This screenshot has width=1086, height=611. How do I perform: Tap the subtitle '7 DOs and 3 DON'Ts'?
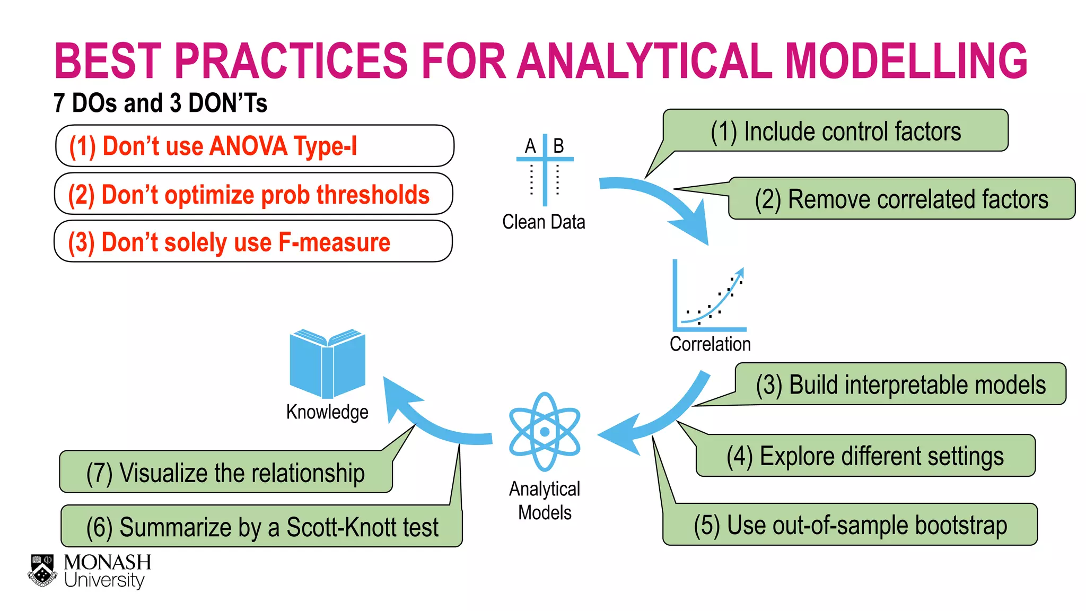point(160,103)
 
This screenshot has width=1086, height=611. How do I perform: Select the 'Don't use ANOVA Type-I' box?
point(255,146)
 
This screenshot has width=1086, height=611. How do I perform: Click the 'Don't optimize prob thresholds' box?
point(253,194)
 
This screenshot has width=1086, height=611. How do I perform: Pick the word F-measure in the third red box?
point(334,242)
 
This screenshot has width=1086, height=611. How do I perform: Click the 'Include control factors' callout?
point(835,131)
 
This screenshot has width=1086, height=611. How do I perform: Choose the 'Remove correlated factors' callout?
point(901,199)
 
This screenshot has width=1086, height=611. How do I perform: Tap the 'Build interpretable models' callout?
point(900,385)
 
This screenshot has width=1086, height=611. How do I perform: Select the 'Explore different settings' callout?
point(865,456)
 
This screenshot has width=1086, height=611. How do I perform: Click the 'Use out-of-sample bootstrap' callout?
point(850,525)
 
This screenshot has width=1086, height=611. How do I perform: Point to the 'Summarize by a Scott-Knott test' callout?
point(262,527)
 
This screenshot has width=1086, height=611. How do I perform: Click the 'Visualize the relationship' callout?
point(226,473)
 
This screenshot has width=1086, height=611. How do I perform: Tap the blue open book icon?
point(327,364)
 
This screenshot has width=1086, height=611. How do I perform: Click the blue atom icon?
point(545,432)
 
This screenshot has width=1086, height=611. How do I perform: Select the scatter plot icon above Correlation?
point(709,297)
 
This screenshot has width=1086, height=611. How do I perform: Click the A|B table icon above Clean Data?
point(545,169)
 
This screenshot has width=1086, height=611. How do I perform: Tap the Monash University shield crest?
point(42,571)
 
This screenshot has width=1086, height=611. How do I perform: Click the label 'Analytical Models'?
point(545,500)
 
